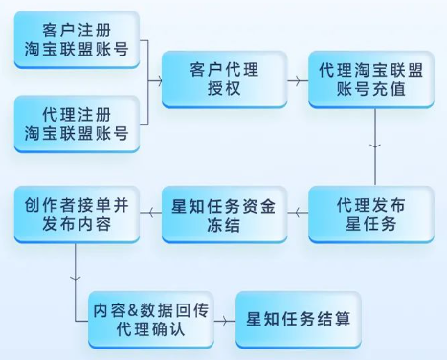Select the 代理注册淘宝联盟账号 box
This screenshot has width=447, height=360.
click(x=77, y=123)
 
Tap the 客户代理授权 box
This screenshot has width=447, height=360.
click(x=223, y=79)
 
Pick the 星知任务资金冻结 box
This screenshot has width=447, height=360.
click(x=223, y=214)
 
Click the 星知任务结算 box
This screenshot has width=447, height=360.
click(x=298, y=317)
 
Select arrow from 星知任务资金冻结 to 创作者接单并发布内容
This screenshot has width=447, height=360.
click(x=150, y=214)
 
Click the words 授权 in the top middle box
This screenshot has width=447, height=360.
click(x=223, y=92)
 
